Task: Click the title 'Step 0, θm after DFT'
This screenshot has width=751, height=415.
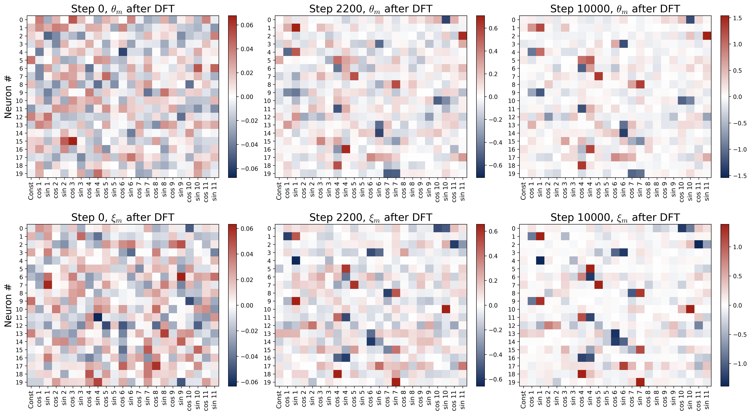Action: click(x=123, y=9)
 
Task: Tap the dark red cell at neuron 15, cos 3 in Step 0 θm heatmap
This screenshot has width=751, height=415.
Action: click(x=73, y=141)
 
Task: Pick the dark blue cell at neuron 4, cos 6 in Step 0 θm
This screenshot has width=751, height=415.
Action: click(x=123, y=52)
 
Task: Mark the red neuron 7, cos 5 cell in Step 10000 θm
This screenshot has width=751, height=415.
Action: click(x=598, y=77)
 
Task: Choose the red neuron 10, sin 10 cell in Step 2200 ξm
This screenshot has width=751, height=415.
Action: click(x=446, y=309)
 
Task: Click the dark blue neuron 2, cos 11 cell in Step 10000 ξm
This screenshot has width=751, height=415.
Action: click(x=698, y=245)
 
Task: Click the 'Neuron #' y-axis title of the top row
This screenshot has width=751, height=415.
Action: click(x=8, y=97)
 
